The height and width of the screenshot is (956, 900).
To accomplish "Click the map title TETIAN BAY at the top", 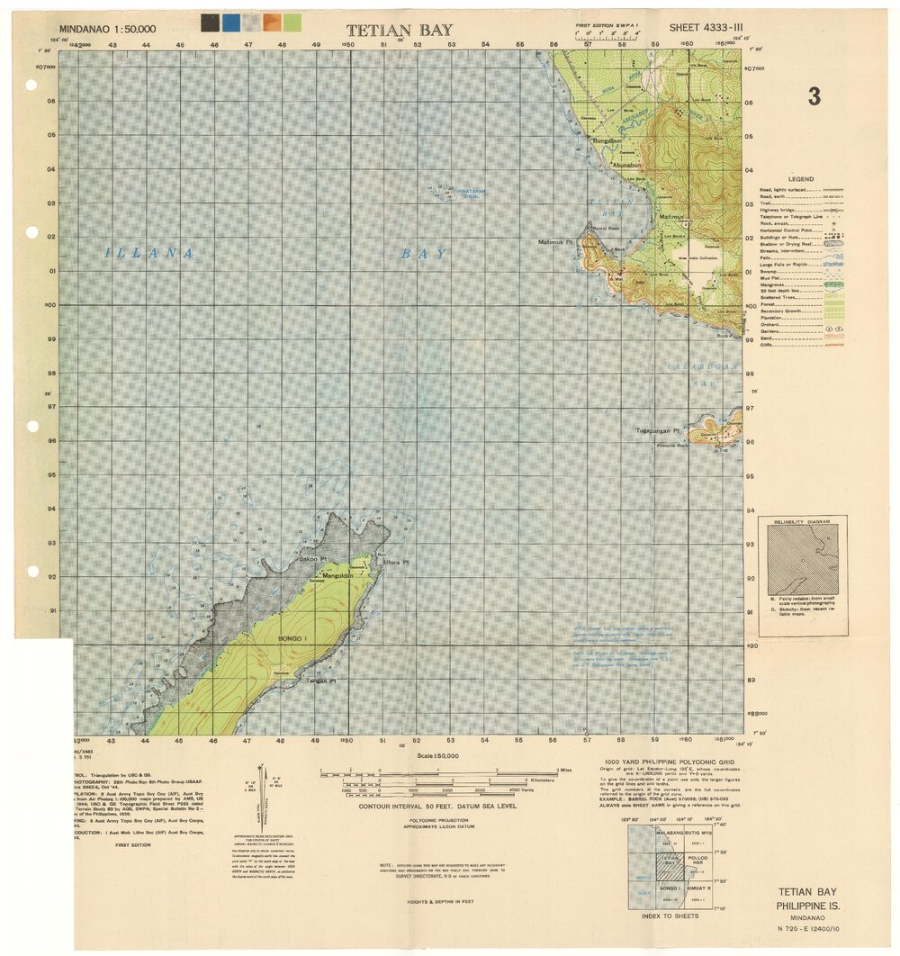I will pyautogui.click(x=400, y=31).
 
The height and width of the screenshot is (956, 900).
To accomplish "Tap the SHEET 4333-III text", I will pyautogui.click(x=706, y=29).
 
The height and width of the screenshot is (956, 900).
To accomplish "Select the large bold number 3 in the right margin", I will pyautogui.click(x=814, y=97).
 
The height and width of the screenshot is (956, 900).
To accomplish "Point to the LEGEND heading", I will pyautogui.click(x=800, y=179).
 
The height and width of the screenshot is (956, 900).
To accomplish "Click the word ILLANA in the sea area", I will pyautogui.click(x=149, y=253).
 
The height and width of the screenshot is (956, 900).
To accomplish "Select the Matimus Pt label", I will pyautogui.click(x=555, y=242).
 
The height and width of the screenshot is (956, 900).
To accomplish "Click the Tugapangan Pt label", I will pyautogui.click(x=656, y=431).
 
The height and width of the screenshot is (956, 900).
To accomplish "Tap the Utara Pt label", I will pyautogui.click(x=396, y=563).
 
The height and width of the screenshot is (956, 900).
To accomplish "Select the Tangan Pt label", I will pyautogui.click(x=321, y=681).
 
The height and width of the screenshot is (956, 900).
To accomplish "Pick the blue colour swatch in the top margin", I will pyautogui.click(x=231, y=23).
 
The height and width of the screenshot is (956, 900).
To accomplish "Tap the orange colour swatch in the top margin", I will pyautogui.click(x=272, y=23).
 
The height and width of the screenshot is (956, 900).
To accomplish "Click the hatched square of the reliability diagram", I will pyautogui.click(x=803, y=560).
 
